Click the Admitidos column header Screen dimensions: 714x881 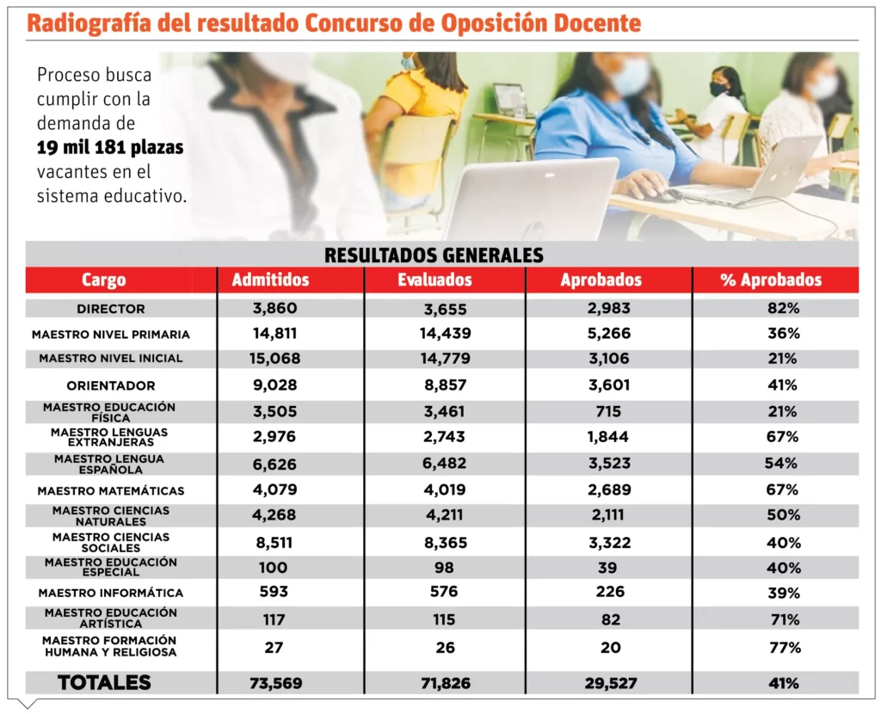click(x=270, y=280)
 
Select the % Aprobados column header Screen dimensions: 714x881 click(x=771, y=280)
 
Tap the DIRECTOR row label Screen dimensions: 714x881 click(x=111, y=309)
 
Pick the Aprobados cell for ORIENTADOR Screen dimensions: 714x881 click(x=609, y=385)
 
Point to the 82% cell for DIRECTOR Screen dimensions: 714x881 click(x=784, y=309)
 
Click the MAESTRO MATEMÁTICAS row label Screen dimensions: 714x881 click(x=111, y=491)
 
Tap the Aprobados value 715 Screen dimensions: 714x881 click(x=609, y=412)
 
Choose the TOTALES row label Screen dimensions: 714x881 click(x=104, y=683)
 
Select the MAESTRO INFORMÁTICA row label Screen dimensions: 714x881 click(x=111, y=593)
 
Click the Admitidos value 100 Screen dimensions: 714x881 click(x=273, y=568)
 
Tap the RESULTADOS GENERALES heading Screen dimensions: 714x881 click(x=434, y=255)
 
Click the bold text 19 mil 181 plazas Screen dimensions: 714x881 click(x=110, y=148)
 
